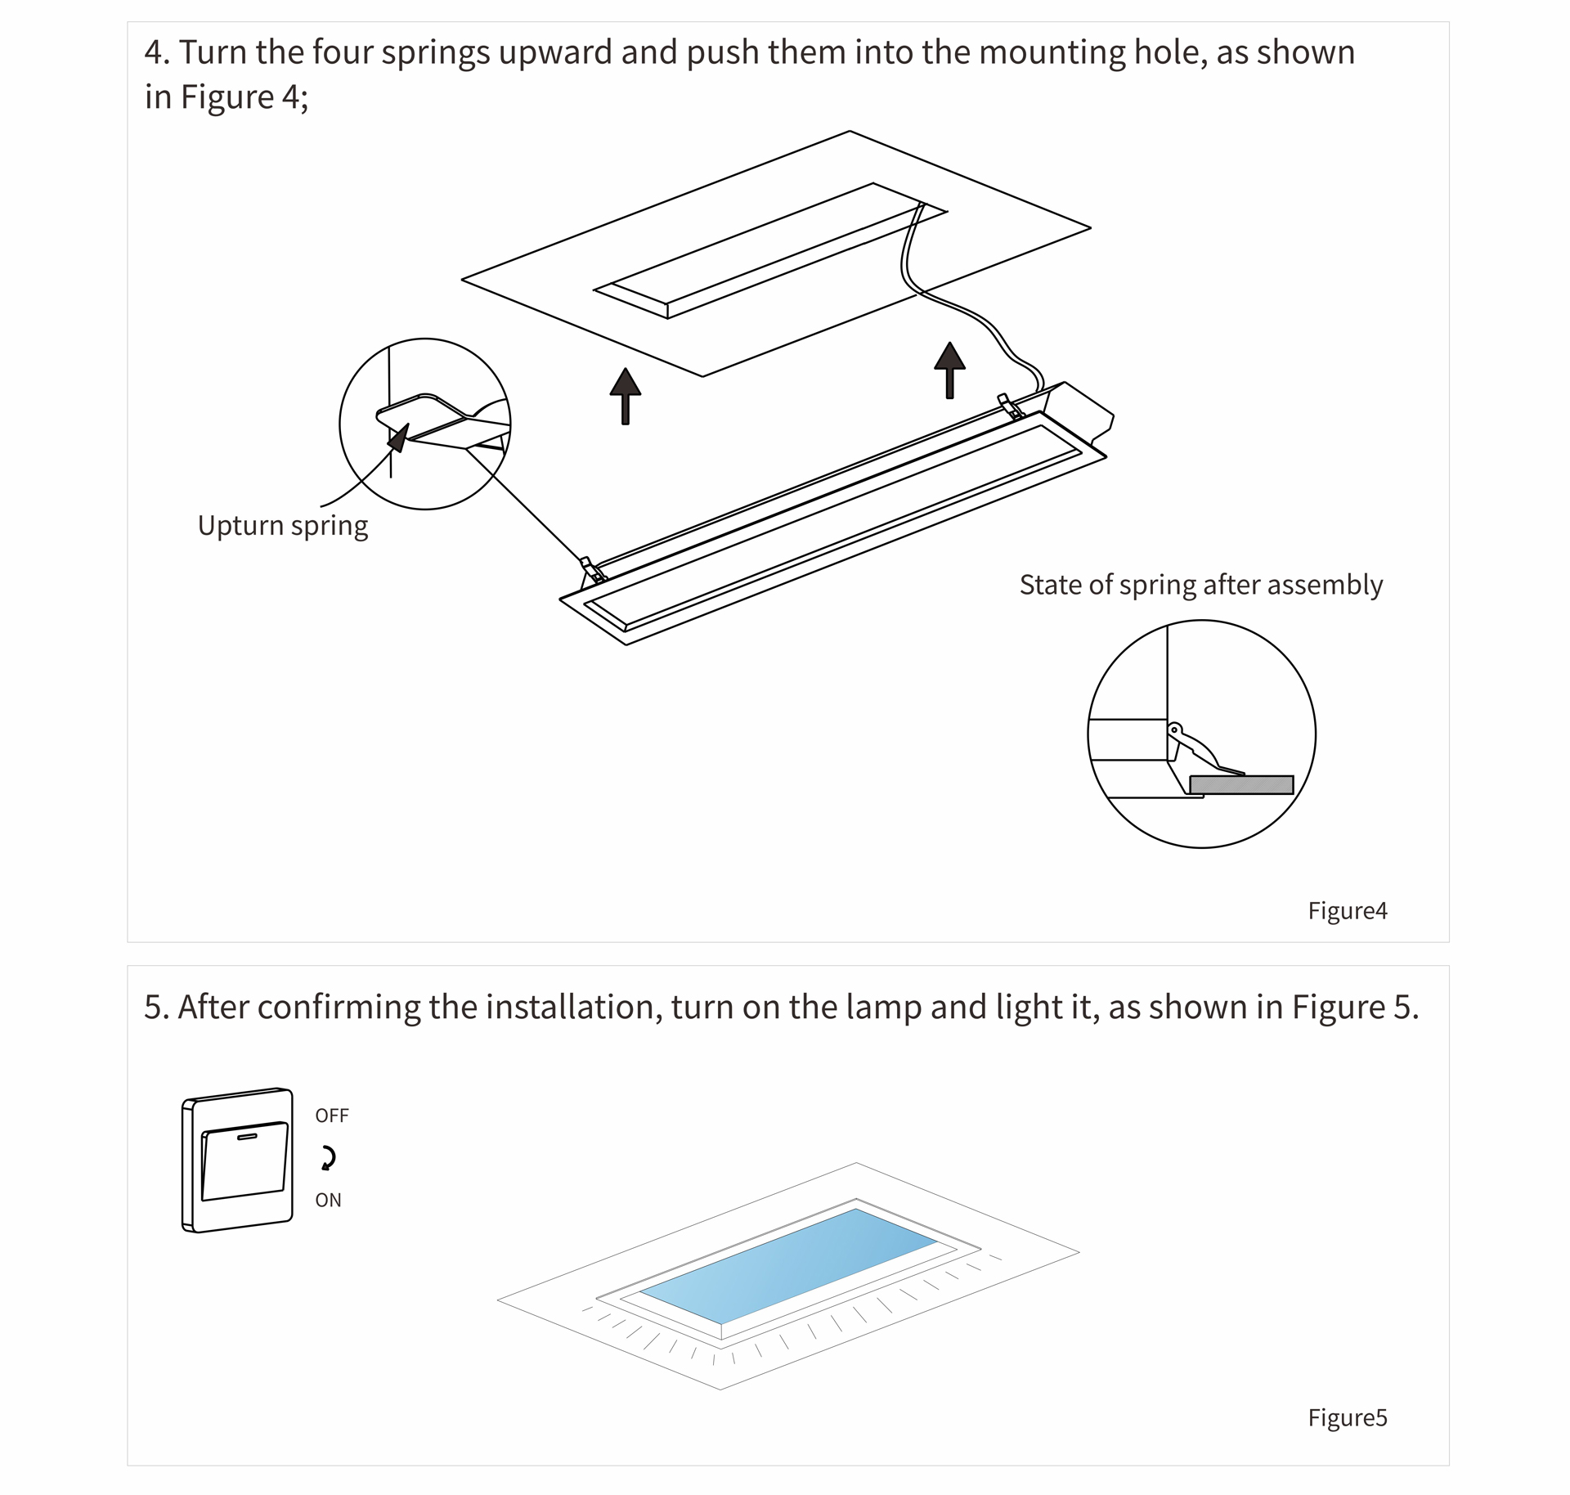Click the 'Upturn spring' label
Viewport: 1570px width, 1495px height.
(x=282, y=526)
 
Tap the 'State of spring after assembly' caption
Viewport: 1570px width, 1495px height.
(x=1200, y=586)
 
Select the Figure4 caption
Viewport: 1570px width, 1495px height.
(x=1347, y=911)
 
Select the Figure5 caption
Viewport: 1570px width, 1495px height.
(x=1347, y=1417)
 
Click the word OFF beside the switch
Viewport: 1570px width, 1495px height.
(x=332, y=1116)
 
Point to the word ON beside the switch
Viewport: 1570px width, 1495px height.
(x=328, y=1201)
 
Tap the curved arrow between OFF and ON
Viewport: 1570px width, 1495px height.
(x=329, y=1158)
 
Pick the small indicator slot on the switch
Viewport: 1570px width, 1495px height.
(x=246, y=1136)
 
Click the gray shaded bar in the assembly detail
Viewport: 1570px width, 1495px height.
(x=1241, y=785)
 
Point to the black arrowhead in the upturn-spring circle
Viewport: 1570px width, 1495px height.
(x=398, y=438)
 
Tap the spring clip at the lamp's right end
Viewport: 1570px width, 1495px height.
(x=1009, y=406)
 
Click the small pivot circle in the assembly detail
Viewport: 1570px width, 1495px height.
(x=1174, y=730)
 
